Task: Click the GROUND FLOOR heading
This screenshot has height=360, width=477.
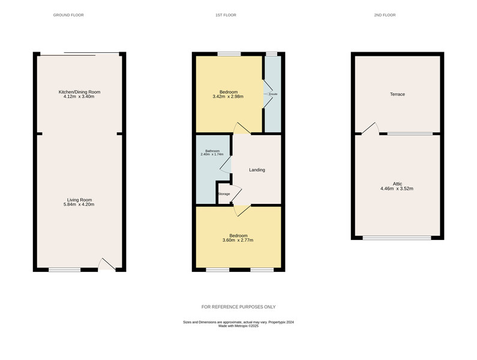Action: click(68, 14)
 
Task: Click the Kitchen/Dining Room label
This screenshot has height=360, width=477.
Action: click(79, 92)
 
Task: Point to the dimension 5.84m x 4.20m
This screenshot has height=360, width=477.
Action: click(79, 205)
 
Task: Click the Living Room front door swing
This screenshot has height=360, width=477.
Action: click(107, 264)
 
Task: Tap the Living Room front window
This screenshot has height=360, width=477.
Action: click(64, 269)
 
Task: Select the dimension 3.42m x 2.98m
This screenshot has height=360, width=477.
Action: click(227, 97)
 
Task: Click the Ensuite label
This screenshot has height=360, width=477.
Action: click(272, 94)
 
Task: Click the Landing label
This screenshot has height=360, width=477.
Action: click(257, 170)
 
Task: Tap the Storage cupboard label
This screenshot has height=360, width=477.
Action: click(224, 194)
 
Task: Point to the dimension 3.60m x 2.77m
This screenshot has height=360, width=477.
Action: click(238, 241)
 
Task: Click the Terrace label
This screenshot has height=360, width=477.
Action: click(397, 94)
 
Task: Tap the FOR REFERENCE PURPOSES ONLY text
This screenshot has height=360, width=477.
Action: click(238, 307)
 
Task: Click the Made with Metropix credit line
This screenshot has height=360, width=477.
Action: click(238, 326)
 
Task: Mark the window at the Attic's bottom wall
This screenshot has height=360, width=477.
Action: click(397, 238)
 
